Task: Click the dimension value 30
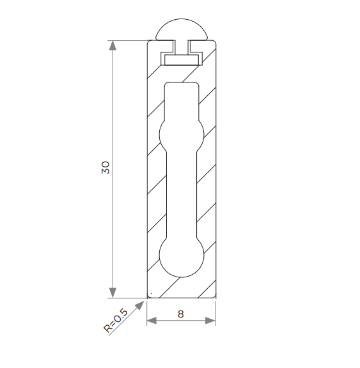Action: (106, 167)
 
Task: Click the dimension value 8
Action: (180, 314)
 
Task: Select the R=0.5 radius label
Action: (116, 321)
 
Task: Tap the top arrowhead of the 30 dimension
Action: (113, 45)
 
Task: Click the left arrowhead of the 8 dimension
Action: (152, 321)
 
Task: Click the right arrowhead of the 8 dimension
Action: (210, 321)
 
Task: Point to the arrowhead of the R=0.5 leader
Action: (141, 305)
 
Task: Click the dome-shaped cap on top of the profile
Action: (182, 29)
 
